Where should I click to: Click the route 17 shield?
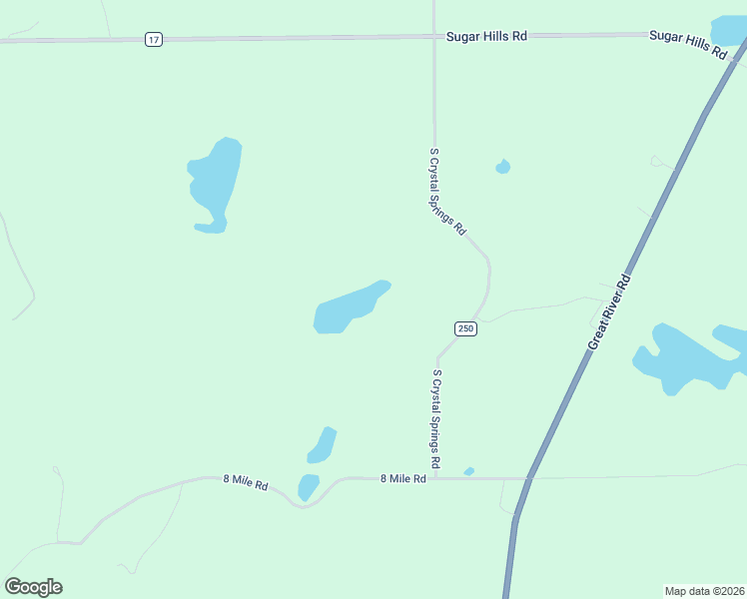(153, 39)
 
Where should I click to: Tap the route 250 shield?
(466, 328)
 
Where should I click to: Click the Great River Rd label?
(610, 310)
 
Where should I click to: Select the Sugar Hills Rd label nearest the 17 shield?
(486, 36)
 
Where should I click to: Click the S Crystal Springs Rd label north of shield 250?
(447, 191)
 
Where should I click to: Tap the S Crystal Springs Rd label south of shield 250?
(436, 419)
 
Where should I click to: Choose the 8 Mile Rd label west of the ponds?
(246, 482)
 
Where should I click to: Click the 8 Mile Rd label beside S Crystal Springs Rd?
(403, 479)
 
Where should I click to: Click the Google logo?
(34, 587)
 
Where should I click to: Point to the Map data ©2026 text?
(704, 590)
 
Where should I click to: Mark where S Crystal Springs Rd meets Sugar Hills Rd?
(434, 36)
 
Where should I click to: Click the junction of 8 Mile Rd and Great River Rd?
(527, 478)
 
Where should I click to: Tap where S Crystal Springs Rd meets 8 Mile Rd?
(435, 478)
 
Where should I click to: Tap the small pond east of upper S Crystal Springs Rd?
(502, 167)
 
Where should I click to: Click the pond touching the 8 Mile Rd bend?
(308, 487)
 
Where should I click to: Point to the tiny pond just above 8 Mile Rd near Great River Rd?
(468, 471)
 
